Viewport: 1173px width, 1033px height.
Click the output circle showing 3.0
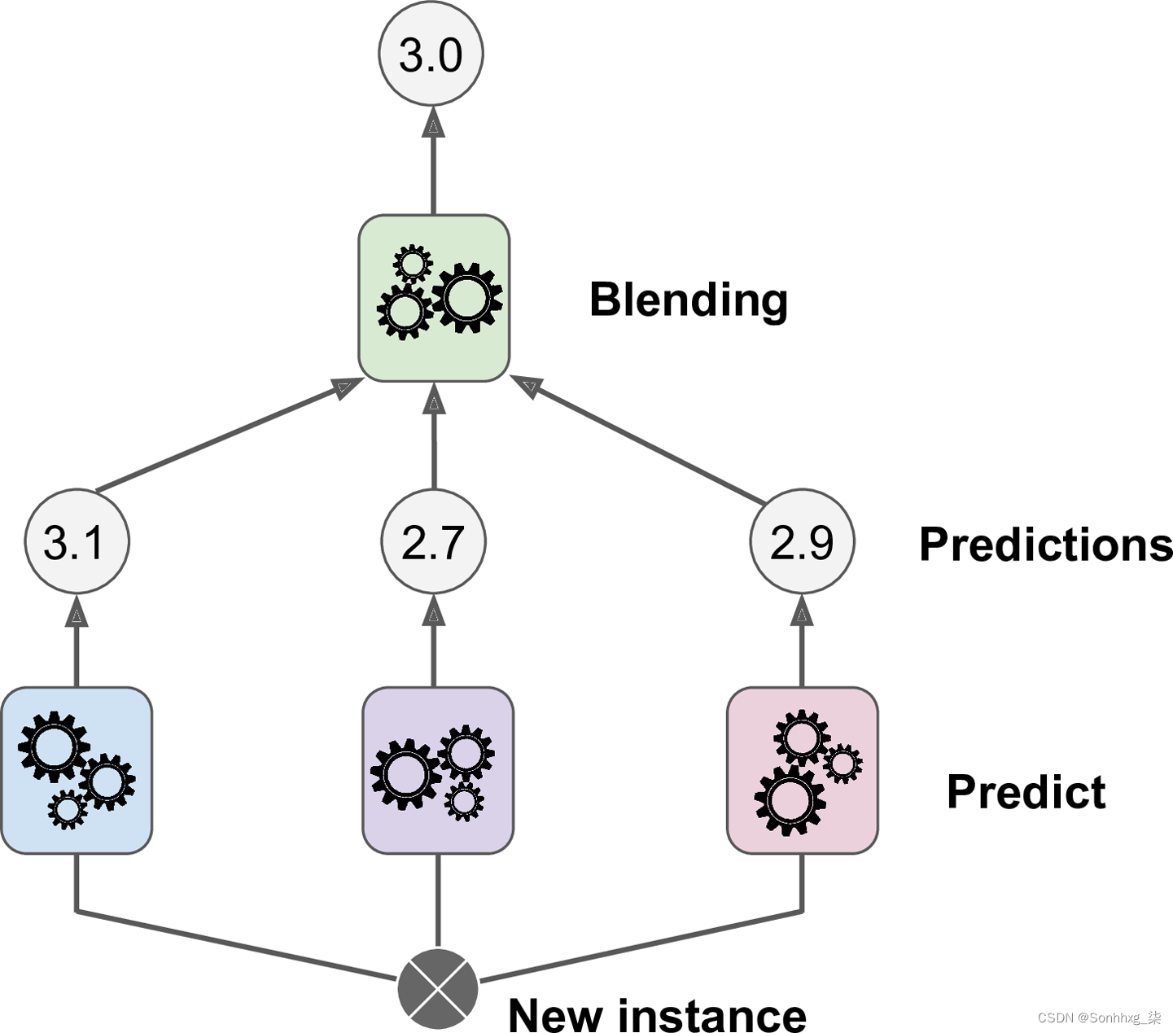(x=431, y=53)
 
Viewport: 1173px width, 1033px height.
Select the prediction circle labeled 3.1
(x=77, y=541)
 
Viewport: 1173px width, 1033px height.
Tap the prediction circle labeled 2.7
(x=433, y=541)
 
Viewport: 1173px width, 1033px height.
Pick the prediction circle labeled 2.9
(x=802, y=541)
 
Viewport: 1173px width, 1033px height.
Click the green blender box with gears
(x=434, y=298)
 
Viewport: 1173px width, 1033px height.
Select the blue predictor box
(x=77, y=771)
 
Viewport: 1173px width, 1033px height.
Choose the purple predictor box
(x=438, y=771)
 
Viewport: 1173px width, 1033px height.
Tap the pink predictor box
(x=803, y=771)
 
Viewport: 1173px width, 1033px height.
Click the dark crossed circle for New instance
(x=438, y=988)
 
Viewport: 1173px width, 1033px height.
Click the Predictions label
(x=1046, y=545)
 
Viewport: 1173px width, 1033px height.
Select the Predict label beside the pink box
(x=1026, y=791)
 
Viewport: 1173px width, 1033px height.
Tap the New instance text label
(x=657, y=1013)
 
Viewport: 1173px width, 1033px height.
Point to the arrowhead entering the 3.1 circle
(x=77, y=610)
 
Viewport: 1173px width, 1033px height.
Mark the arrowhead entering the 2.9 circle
(x=802, y=610)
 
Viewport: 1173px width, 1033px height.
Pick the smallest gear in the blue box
(x=68, y=809)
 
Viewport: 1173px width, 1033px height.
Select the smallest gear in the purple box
(x=464, y=801)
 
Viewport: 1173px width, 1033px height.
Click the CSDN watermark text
(x=1100, y=1018)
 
